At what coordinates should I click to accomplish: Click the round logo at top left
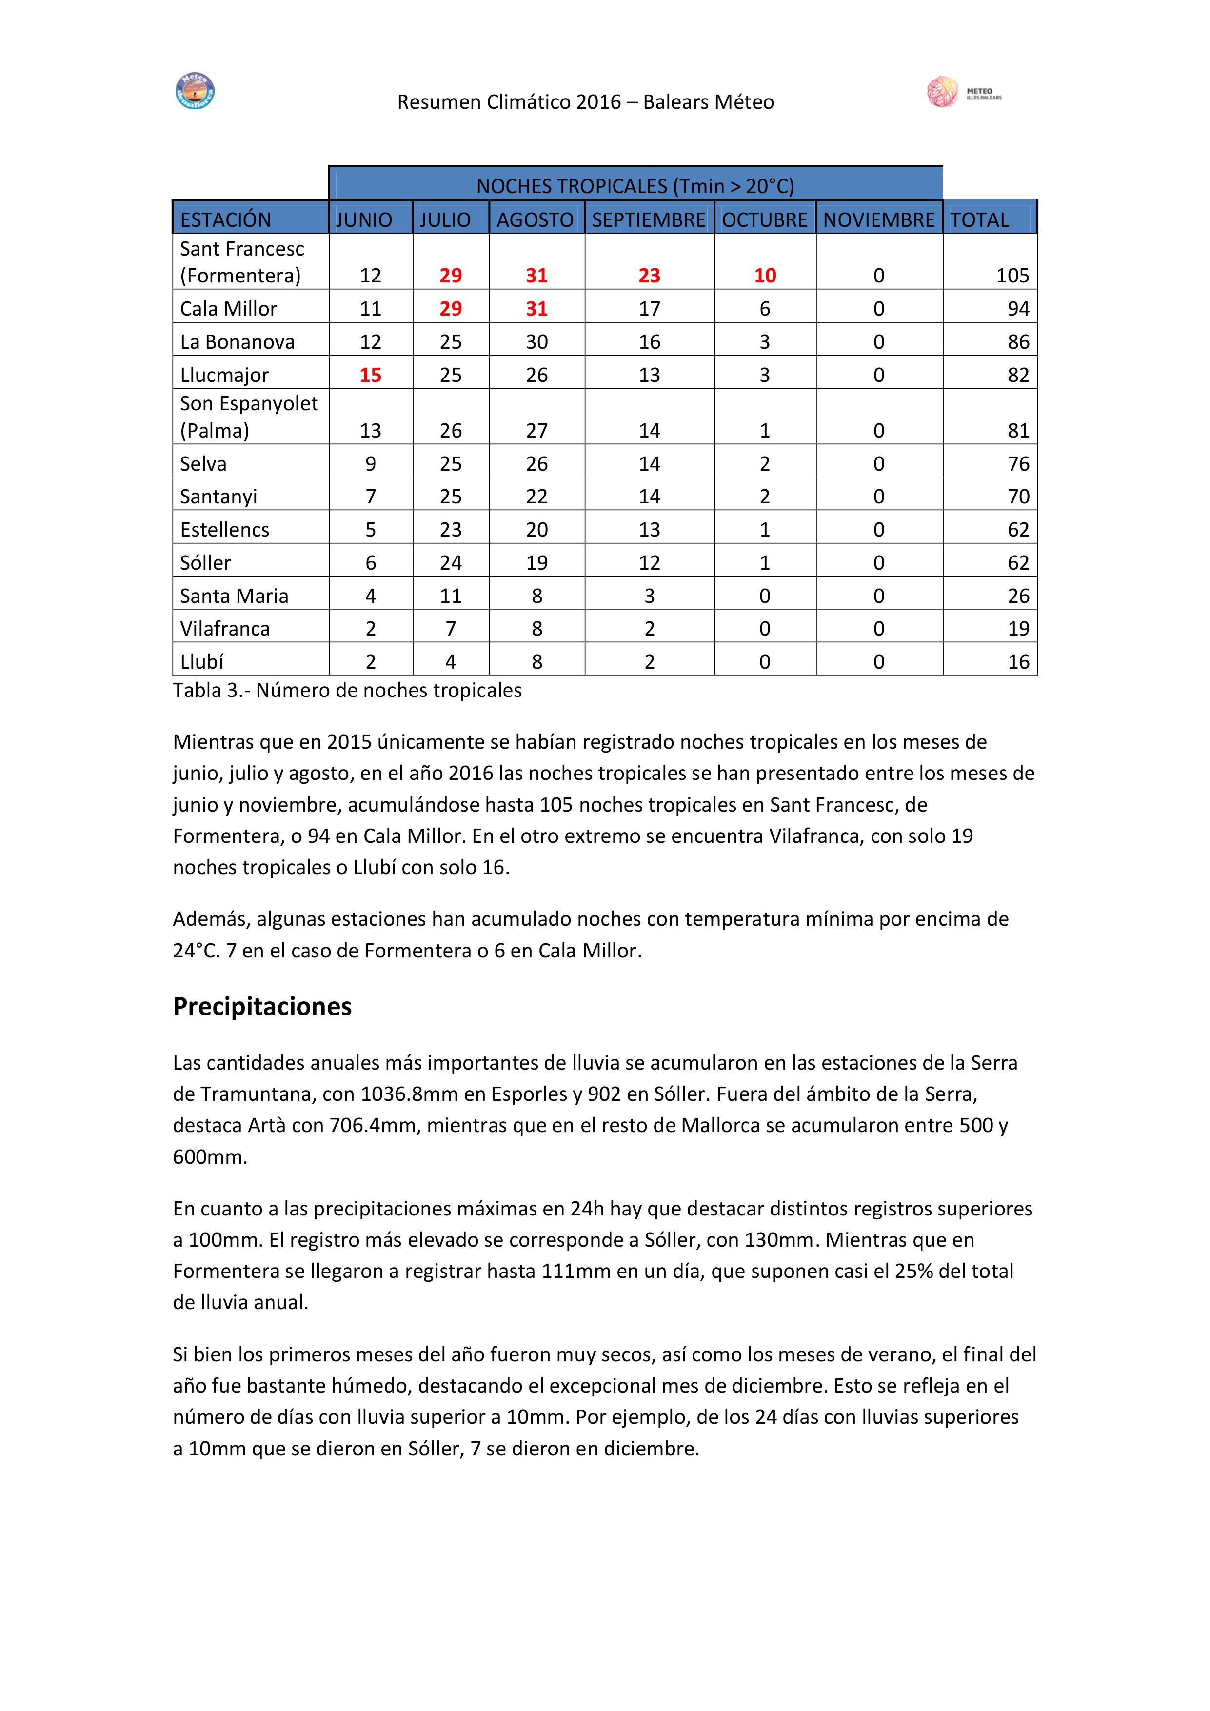195,92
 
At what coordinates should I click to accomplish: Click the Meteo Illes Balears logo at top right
963,92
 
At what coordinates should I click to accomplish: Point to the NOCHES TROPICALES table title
635,185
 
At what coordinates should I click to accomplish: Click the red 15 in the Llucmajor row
370,375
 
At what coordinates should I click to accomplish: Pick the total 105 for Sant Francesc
1012,276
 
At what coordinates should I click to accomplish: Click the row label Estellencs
224,529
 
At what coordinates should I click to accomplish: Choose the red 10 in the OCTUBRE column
764,276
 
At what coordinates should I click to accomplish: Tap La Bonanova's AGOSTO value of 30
536,342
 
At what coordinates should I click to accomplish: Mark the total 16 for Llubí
1018,662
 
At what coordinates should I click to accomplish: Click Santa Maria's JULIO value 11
450,596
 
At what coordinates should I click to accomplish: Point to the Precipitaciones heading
262,1006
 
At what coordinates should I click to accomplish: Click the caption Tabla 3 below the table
347,690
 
